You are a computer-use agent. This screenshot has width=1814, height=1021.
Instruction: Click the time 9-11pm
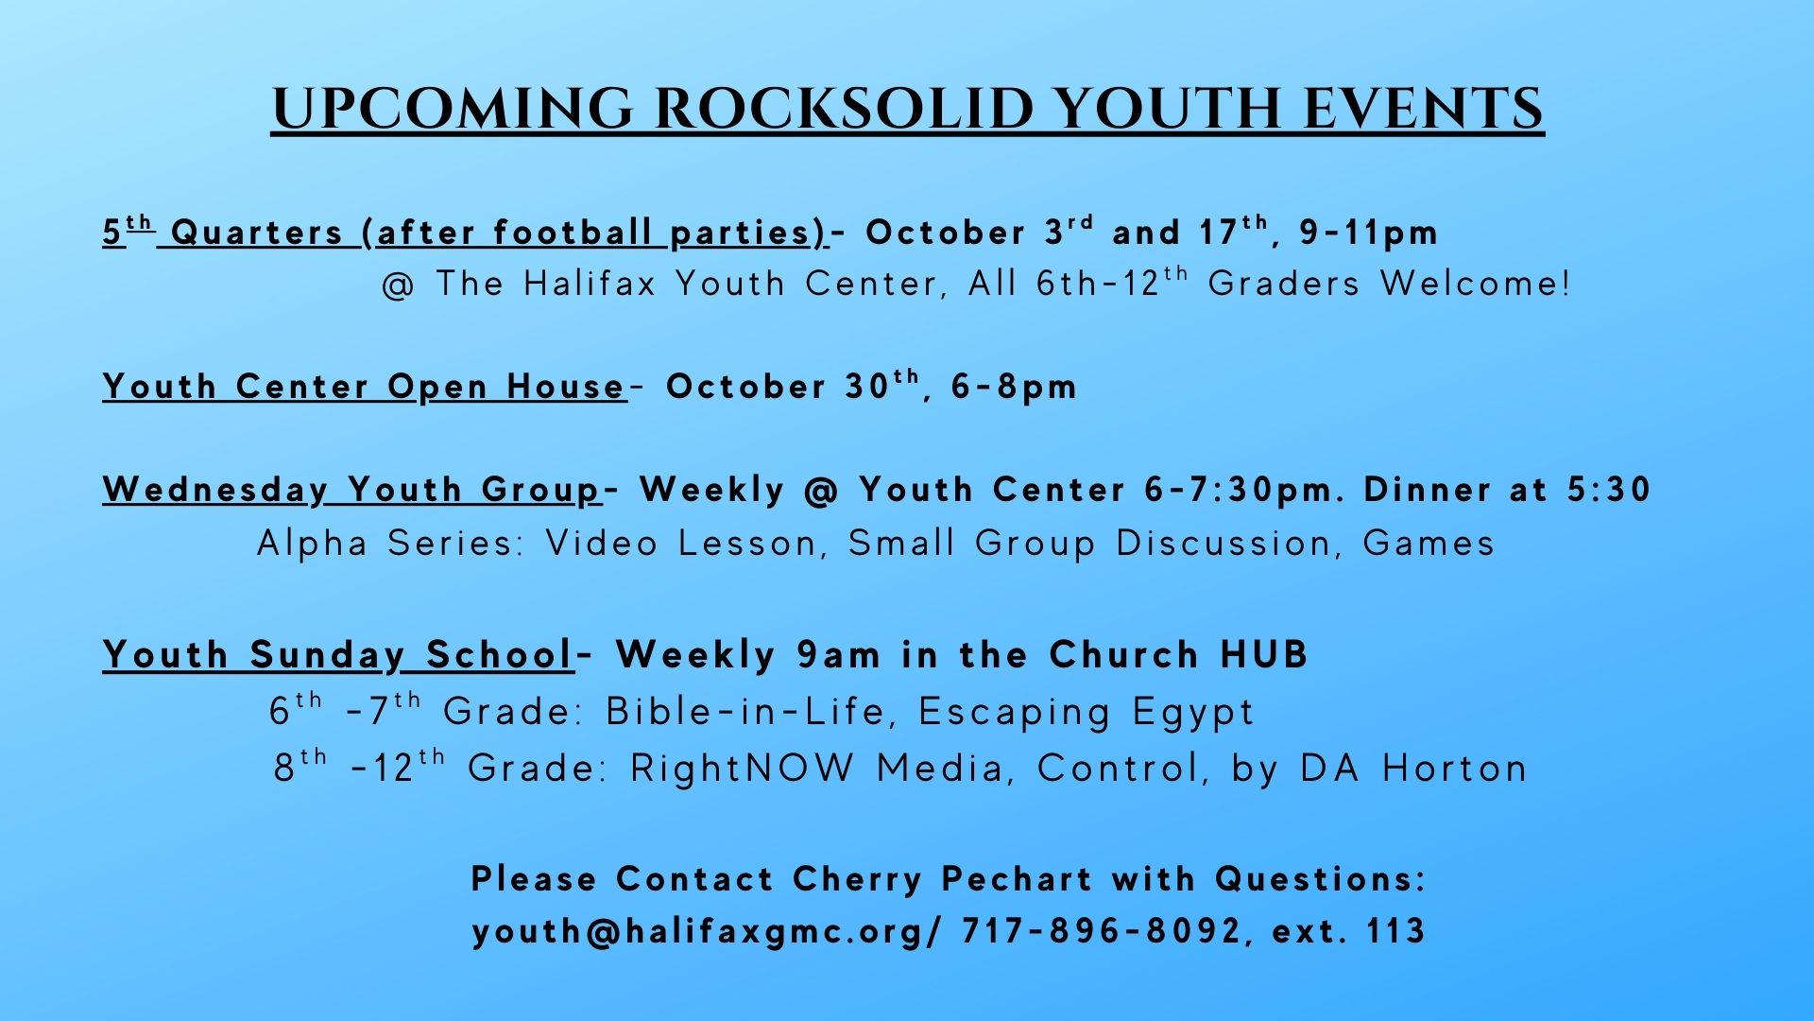pyautogui.click(x=1369, y=234)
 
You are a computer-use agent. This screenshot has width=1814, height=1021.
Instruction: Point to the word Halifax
pyautogui.click(x=590, y=284)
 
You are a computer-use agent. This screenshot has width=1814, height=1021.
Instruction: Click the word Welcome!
pyautogui.click(x=1475, y=284)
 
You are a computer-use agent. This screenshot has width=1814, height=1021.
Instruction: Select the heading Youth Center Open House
pyautogui.click(x=365, y=387)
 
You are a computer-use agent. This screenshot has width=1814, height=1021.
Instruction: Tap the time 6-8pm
pyautogui.click(x=1014, y=387)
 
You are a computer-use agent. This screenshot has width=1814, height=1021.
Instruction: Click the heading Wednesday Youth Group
pyautogui.click(x=352, y=491)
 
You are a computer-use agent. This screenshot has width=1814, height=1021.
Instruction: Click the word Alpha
pyautogui.click(x=312, y=544)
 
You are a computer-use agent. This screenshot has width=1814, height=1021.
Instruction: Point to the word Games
pyautogui.click(x=1429, y=544)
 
